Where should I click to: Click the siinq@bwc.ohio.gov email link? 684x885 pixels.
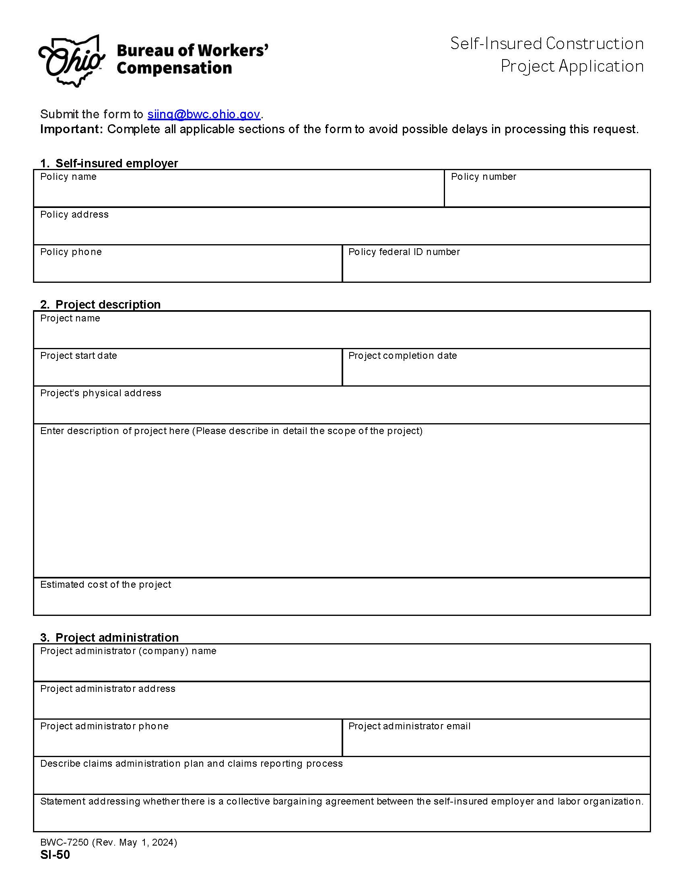coord(204,114)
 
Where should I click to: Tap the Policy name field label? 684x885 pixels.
coord(68,177)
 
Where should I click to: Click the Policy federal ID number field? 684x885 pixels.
coord(496,268)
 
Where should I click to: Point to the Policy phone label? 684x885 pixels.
coord(71,252)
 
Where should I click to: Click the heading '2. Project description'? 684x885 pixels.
coord(100,305)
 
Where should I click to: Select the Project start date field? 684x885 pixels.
coord(187,372)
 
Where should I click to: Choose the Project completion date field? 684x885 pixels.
coord(496,372)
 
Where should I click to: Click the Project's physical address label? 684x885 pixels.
coord(101,393)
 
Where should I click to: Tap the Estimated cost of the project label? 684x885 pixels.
coord(105,585)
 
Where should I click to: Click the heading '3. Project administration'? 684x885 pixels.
coord(109,638)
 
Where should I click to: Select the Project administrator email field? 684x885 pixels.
coord(496,742)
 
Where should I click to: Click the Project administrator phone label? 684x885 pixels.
coord(104,726)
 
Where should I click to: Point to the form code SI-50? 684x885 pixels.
coord(55,855)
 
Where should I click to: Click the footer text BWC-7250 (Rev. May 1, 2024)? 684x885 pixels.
coord(108,842)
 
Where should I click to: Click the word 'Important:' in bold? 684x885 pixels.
coord(72,129)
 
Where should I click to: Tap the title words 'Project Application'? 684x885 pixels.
coord(572,66)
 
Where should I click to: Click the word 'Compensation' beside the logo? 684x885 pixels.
coord(174,68)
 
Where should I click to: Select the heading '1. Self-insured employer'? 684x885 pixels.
coord(109,163)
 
